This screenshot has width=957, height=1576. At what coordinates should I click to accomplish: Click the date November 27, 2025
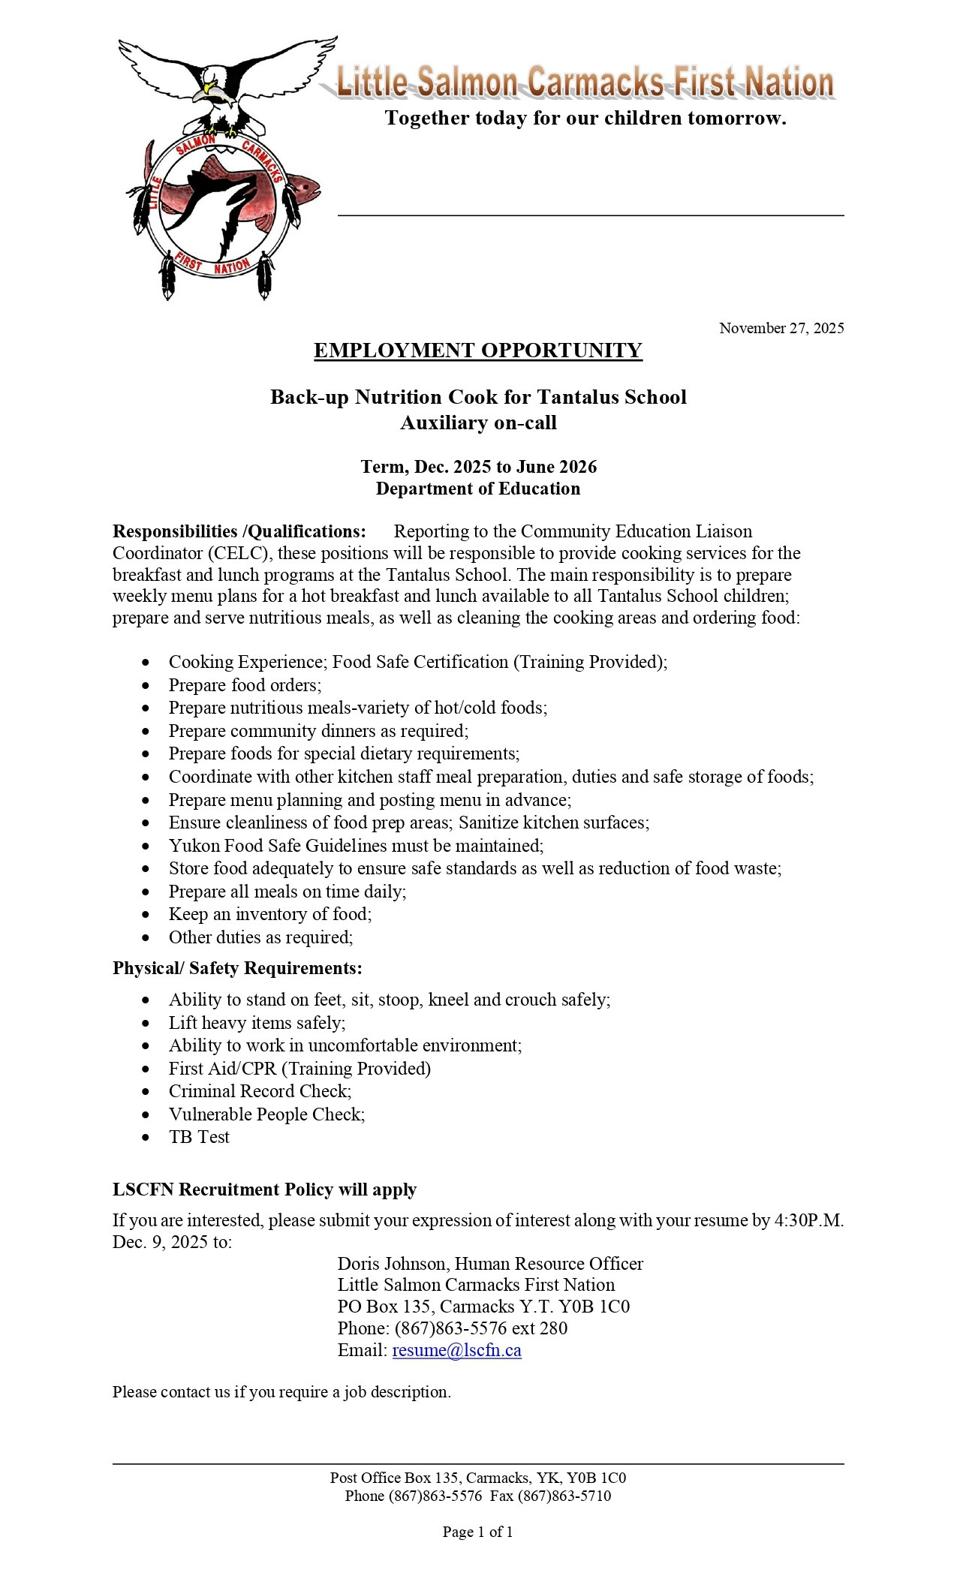781,328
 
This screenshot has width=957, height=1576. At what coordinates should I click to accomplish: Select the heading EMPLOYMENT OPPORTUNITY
477,350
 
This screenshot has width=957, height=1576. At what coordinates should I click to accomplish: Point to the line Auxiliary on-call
478,423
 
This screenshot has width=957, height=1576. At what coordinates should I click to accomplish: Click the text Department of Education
478,489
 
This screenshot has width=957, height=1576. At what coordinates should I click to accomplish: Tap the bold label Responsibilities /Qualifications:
239,531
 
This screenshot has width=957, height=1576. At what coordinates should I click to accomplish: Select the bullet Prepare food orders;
245,685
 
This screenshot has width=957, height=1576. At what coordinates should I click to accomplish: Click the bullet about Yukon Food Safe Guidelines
356,846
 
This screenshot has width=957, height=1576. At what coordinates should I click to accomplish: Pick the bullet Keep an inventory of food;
270,914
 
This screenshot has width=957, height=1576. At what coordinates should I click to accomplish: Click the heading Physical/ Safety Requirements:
237,968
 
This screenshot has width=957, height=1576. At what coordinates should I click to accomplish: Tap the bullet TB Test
199,1137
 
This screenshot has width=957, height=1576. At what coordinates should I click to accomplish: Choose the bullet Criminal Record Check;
260,1091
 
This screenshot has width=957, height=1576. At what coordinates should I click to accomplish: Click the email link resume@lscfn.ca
456,1350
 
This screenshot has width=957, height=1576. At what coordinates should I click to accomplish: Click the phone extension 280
553,1328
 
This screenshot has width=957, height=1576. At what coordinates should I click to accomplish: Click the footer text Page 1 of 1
477,1532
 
